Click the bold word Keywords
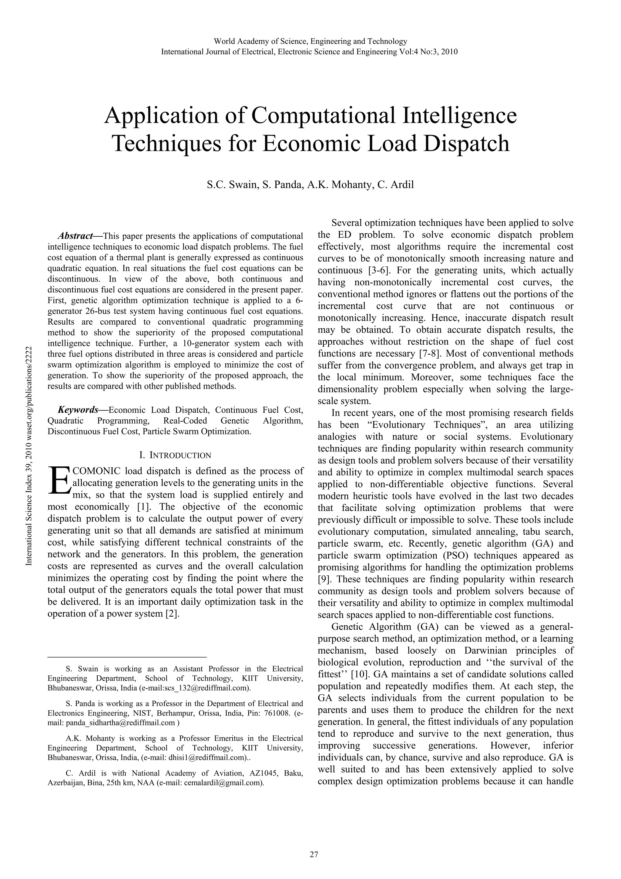pyautogui.click(x=78, y=410)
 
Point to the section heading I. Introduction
pyautogui.click(x=175, y=455)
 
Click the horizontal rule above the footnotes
pyautogui.click(x=127, y=657)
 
